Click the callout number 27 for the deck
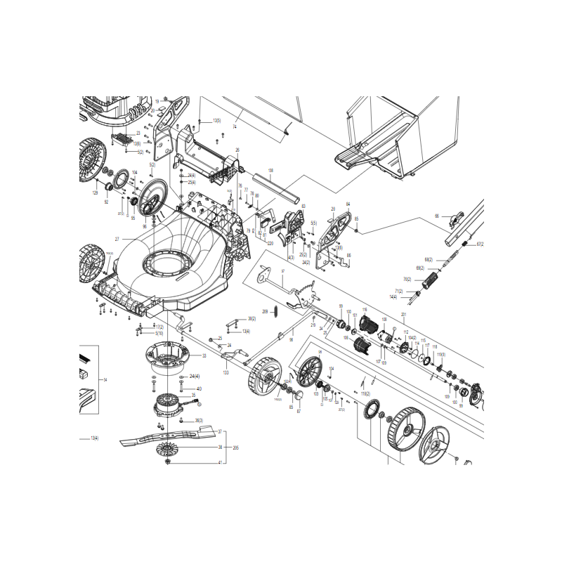click(117, 240)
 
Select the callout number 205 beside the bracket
click(236, 447)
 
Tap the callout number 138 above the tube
click(270, 171)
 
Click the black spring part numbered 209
click(276, 311)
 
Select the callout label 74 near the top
click(234, 126)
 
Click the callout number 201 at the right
click(403, 314)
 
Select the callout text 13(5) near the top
click(216, 121)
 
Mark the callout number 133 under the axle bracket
click(226, 372)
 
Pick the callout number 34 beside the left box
click(105, 379)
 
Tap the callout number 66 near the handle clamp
click(436, 216)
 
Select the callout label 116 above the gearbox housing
click(365, 309)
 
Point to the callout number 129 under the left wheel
click(96, 192)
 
